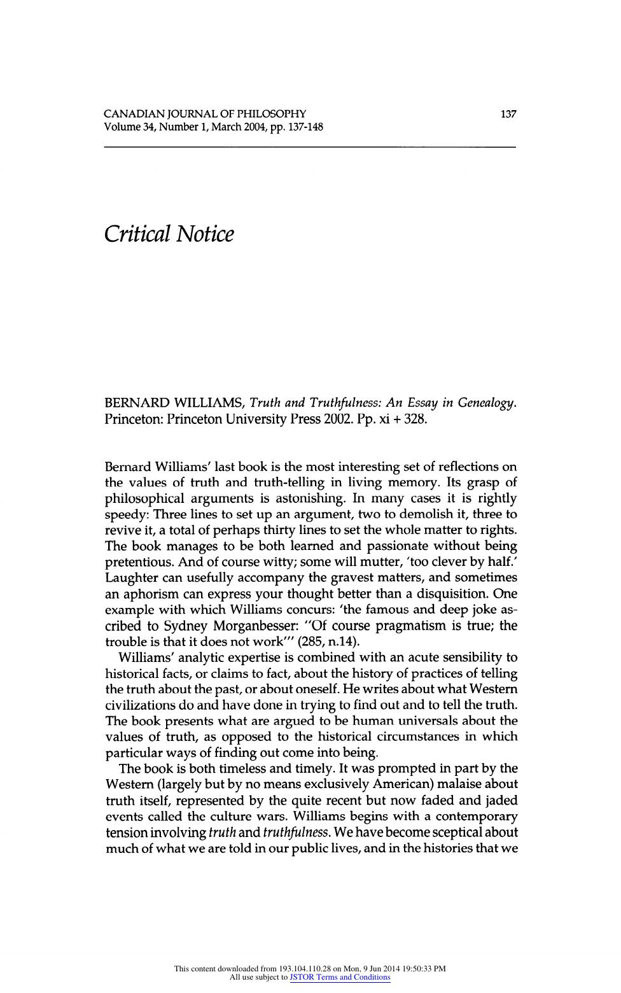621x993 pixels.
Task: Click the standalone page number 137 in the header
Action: [508, 115]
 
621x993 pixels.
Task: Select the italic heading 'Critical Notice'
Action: [169, 234]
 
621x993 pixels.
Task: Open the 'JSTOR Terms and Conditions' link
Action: [340, 977]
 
